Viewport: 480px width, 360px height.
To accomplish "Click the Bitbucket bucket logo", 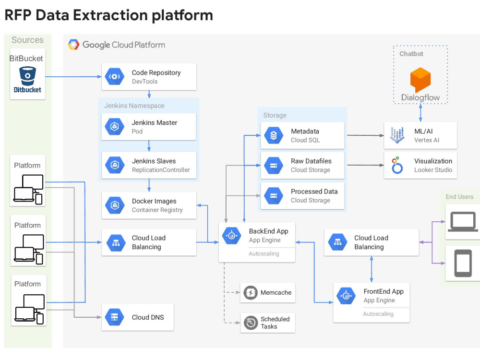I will click(27, 76).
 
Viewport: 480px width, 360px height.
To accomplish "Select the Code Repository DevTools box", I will click(149, 77).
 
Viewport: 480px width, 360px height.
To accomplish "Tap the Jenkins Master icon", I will click(115, 127).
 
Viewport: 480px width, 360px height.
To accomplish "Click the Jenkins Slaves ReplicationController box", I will click(149, 166).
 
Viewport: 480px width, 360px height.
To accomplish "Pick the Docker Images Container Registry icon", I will click(115, 205).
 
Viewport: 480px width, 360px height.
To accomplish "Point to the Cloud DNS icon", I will click(115, 317).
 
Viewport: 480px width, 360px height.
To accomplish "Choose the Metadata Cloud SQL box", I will click(302, 136).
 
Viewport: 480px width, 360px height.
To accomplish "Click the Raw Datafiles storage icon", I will click(274, 166).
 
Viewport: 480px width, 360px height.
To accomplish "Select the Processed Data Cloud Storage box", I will click(302, 196).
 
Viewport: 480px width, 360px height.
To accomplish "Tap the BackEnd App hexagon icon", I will click(232, 235).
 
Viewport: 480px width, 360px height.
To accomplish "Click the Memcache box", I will click(268, 293).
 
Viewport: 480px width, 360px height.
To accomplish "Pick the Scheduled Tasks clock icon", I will click(250, 323).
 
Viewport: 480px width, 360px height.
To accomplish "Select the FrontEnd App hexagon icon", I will click(346, 296).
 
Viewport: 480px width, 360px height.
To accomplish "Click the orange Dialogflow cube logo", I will click(420, 80).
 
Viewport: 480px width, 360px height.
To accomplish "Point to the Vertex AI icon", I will click(397, 136).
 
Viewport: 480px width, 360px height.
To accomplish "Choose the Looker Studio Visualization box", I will click(420, 166).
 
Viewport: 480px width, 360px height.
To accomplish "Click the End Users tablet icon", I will click(463, 264).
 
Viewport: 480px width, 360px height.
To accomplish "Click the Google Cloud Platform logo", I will click(73, 45).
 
